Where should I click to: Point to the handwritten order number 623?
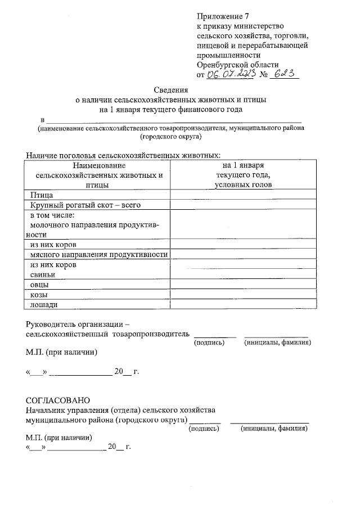click(x=285, y=74)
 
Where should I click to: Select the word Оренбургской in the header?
click(x=219, y=65)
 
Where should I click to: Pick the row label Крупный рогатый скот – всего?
click(x=80, y=205)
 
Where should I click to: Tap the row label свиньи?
click(x=42, y=274)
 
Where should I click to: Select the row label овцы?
click(x=39, y=285)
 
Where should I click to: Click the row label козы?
click(x=38, y=295)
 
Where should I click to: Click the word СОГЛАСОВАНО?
click(x=58, y=400)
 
